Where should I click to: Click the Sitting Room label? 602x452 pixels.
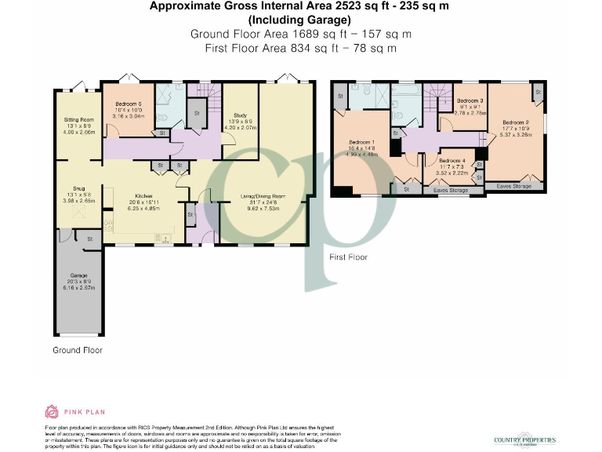78,120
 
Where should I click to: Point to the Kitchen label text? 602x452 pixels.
143,196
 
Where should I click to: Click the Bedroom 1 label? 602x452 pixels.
362,142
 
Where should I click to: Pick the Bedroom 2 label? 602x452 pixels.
516,122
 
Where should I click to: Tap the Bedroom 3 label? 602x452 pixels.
470,101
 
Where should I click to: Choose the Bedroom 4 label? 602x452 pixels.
453,159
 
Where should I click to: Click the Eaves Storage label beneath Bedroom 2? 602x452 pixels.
514,186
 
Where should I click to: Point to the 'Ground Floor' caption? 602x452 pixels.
77,350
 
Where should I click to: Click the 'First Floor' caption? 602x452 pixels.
348,257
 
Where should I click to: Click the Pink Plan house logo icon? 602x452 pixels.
52,411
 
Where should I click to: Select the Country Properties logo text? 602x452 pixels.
525,440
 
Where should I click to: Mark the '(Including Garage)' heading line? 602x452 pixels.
301,20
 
